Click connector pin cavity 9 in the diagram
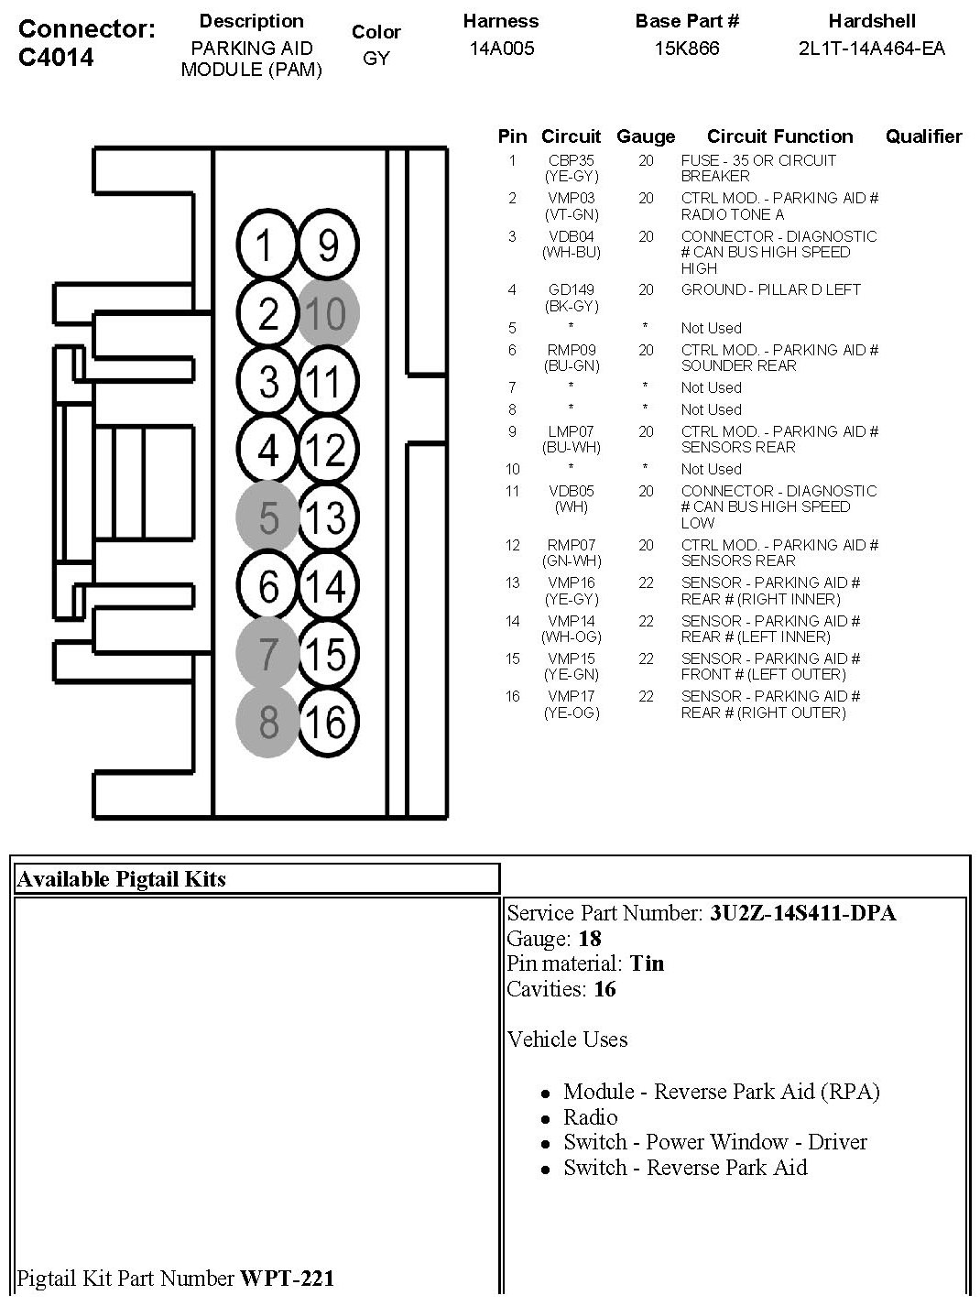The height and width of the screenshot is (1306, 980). coord(328,245)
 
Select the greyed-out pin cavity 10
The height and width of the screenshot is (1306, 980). coord(328,313)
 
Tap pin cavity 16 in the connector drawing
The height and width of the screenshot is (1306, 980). coord(328,723)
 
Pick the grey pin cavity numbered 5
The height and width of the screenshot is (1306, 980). coord(267,517)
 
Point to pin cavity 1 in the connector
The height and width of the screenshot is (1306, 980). coord(267,245)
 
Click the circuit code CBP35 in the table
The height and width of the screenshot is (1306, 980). coord(571,160)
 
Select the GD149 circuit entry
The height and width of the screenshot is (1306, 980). coord(571,289)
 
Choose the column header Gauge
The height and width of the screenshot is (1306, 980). coord(646,136)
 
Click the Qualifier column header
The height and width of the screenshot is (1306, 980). coord(923,136)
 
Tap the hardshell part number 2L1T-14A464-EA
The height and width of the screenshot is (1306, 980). coord(871,49)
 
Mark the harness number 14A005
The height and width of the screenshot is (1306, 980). coord(501,49)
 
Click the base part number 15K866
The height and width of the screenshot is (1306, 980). coord(686,49)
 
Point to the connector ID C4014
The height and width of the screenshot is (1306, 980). coord(56,57)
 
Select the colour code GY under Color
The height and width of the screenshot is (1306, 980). coord(376,58)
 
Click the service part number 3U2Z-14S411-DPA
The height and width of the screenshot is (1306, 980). coord(802,913)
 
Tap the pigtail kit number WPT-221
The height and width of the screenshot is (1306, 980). coord(287,1278)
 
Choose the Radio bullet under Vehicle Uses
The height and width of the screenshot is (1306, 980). coord(590,1117)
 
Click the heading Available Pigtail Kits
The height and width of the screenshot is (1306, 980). coord(121,879)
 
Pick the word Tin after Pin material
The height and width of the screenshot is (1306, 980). coord(647,963)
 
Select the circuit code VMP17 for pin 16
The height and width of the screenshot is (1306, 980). coord(571,696)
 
